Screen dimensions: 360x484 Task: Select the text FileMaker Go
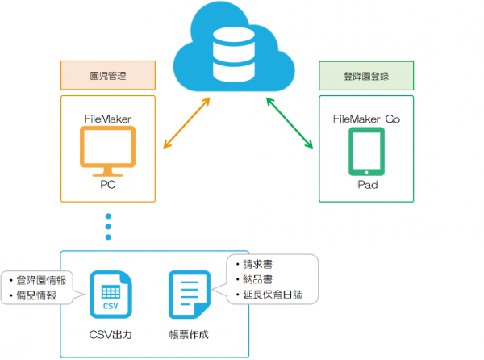click(366, 119)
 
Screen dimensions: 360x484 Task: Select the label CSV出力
click(111, 333)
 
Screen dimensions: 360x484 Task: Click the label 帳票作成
click(190, 333)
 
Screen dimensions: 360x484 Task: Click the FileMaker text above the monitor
click(107, 119)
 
